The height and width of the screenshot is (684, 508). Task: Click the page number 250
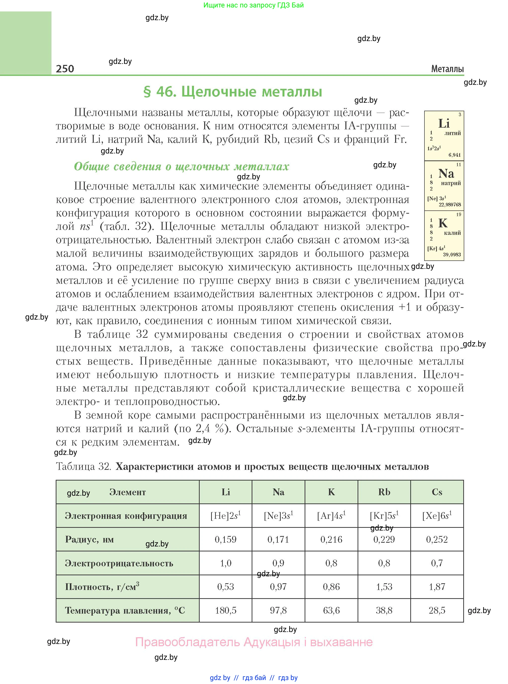[65, 68]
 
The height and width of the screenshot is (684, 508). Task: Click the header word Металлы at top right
[447, 69]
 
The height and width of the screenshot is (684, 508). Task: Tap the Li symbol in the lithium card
[444, 124]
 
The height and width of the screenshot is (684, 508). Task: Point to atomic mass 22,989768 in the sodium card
[450, 204]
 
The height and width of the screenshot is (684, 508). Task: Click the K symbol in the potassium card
[443, 223]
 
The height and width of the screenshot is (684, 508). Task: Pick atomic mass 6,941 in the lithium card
[455, 155]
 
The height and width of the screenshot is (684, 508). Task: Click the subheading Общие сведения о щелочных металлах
[182, 166]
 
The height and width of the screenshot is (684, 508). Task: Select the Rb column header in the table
[384, 492]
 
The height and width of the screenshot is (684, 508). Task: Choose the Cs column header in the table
[437, 492]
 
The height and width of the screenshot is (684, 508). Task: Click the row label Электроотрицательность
[119, 563]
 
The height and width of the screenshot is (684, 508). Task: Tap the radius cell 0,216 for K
[331, 539]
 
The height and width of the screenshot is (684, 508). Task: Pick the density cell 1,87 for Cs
[437, 586]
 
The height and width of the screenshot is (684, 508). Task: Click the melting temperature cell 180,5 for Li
[226, 610]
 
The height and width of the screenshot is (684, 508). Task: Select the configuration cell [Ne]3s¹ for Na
[278, 516]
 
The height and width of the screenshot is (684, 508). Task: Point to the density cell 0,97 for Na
[278, 586]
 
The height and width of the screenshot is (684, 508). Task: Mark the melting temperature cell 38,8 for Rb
[384, 610]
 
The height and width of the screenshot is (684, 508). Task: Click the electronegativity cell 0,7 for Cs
[437, 563]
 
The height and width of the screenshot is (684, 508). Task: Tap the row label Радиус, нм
[90, 539]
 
